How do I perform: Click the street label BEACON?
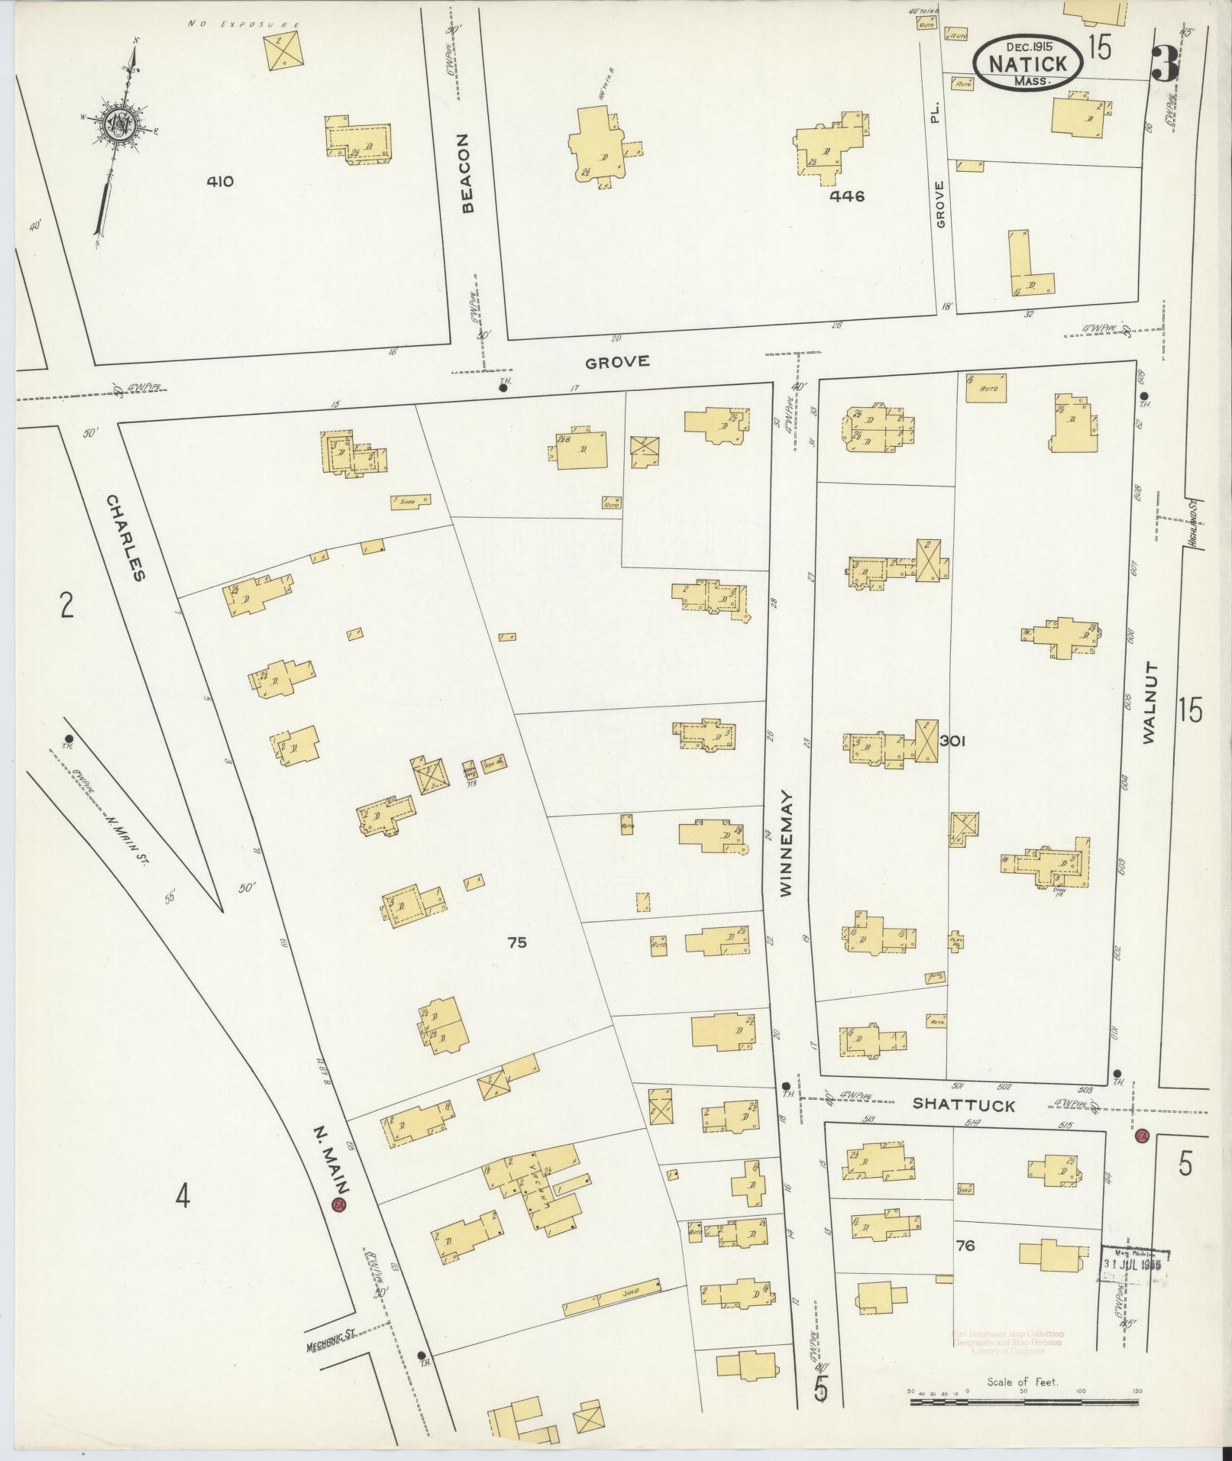[467, 173]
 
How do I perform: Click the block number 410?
[219, 182]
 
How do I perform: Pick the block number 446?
[848, 196]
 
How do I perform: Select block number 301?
[953, 740]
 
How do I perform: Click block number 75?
[517, 942]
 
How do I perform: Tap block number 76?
[965, 1246]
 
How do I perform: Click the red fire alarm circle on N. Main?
[338, 1205]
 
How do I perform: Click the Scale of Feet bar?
[1023, 1390]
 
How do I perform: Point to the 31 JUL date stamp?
[1133, 1264]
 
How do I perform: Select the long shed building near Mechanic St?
[611, 1297]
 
